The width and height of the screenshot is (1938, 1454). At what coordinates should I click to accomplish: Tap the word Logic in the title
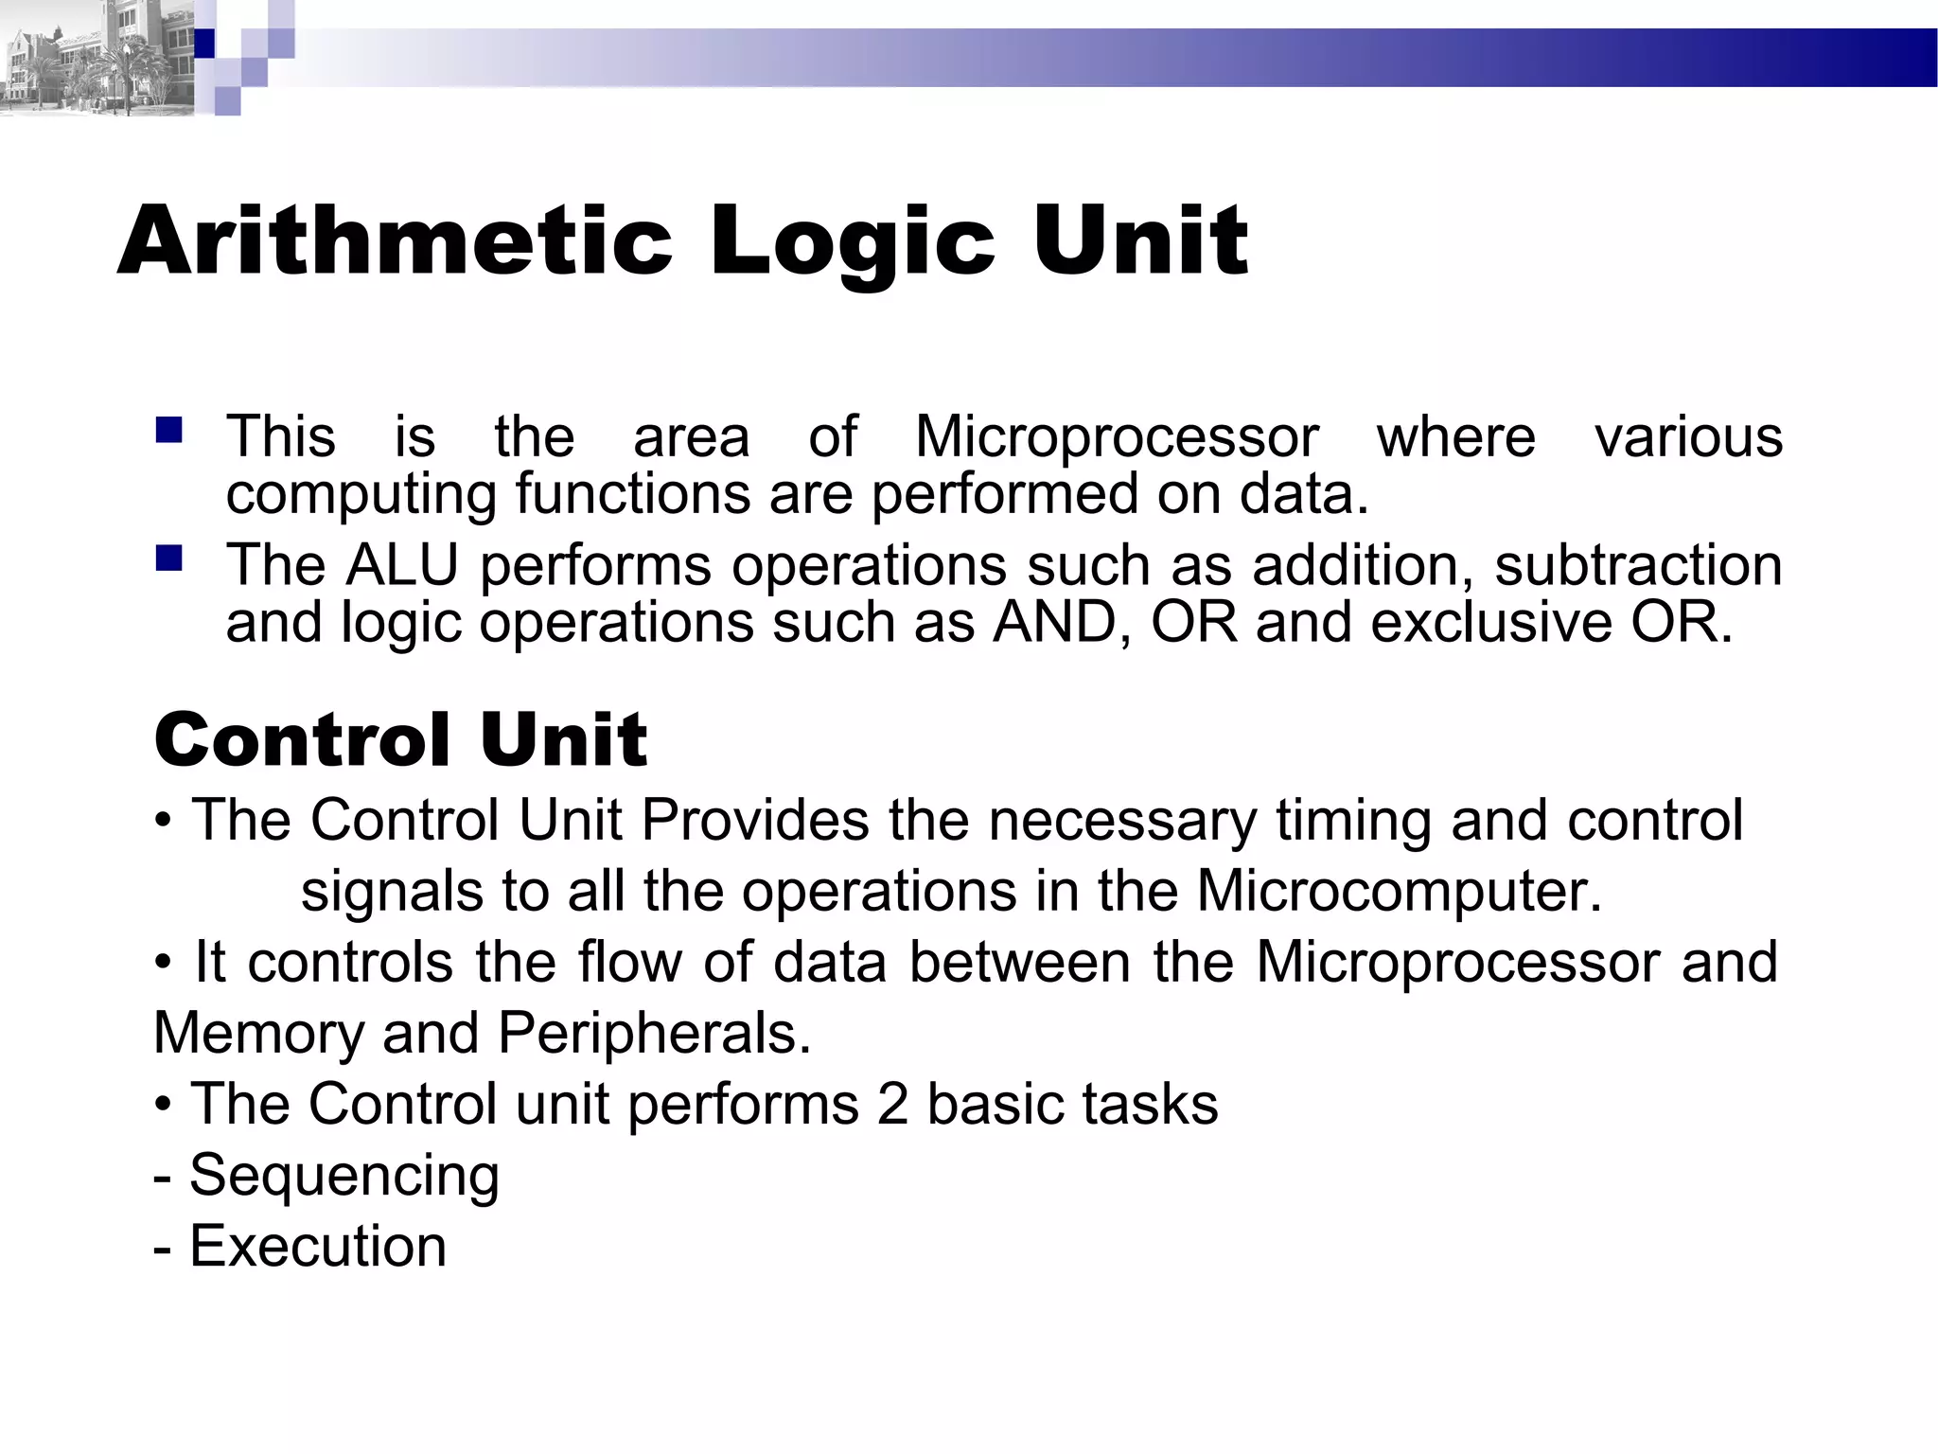[x=852, y=244]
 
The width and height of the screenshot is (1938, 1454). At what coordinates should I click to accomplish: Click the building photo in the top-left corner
[x=95, y=59]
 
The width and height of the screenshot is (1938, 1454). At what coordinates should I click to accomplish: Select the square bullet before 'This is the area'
[x=169, y=431]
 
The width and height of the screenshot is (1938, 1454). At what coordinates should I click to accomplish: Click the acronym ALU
[x=402, y=565]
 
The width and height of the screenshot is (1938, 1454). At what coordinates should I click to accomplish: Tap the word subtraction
[x=1638, y=565]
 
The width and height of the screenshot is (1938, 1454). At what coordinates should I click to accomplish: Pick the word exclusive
[x=1490, y=623]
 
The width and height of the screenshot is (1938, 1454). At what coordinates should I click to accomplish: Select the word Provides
[x=754, y=820]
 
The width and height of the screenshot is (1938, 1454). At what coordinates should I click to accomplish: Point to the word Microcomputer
[x=1399, y=891]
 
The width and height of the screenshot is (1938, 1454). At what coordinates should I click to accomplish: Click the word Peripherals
[x=654, y=1033]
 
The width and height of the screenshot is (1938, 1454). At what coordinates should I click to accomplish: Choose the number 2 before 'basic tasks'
[x=892, y=1104]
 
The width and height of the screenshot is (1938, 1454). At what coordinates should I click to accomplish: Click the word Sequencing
[x=344, y=1177]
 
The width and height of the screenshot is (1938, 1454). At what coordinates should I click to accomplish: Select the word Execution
[x=318, y=1246]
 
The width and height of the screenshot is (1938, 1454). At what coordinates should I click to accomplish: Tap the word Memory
[x=257, y=1033]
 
